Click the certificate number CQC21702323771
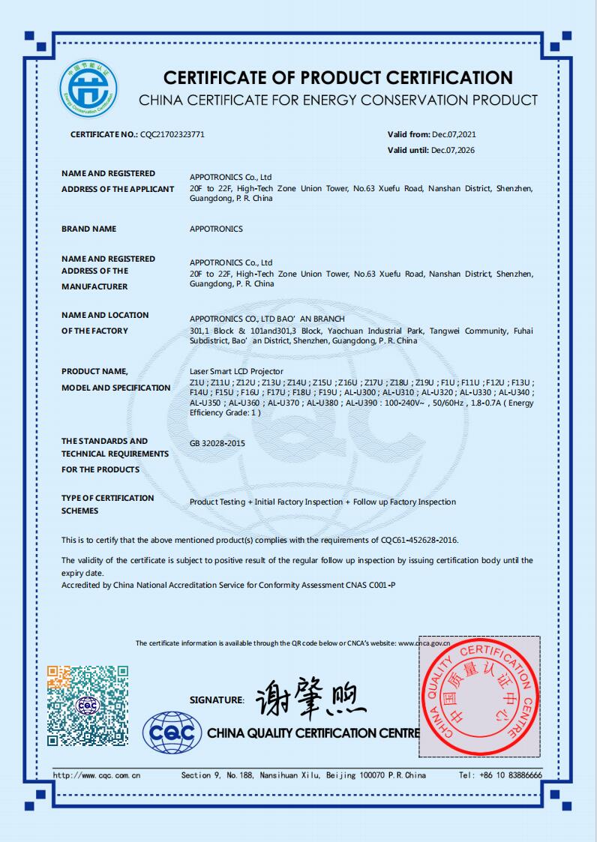tap(172, 135)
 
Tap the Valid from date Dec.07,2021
tap(454, 135)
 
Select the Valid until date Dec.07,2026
tap(454, 150)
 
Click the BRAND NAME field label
tap(88, 229)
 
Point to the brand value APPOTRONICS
tap(216, 229)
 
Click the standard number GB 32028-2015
tap(217, 443)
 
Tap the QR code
tap(88, 706)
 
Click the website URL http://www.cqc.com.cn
tap(97, 775)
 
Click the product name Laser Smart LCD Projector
tap(237, 371)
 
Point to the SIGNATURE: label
tap(217, 700)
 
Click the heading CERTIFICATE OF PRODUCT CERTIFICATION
tap(338, 78)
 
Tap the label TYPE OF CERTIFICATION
tap(107, 498)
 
